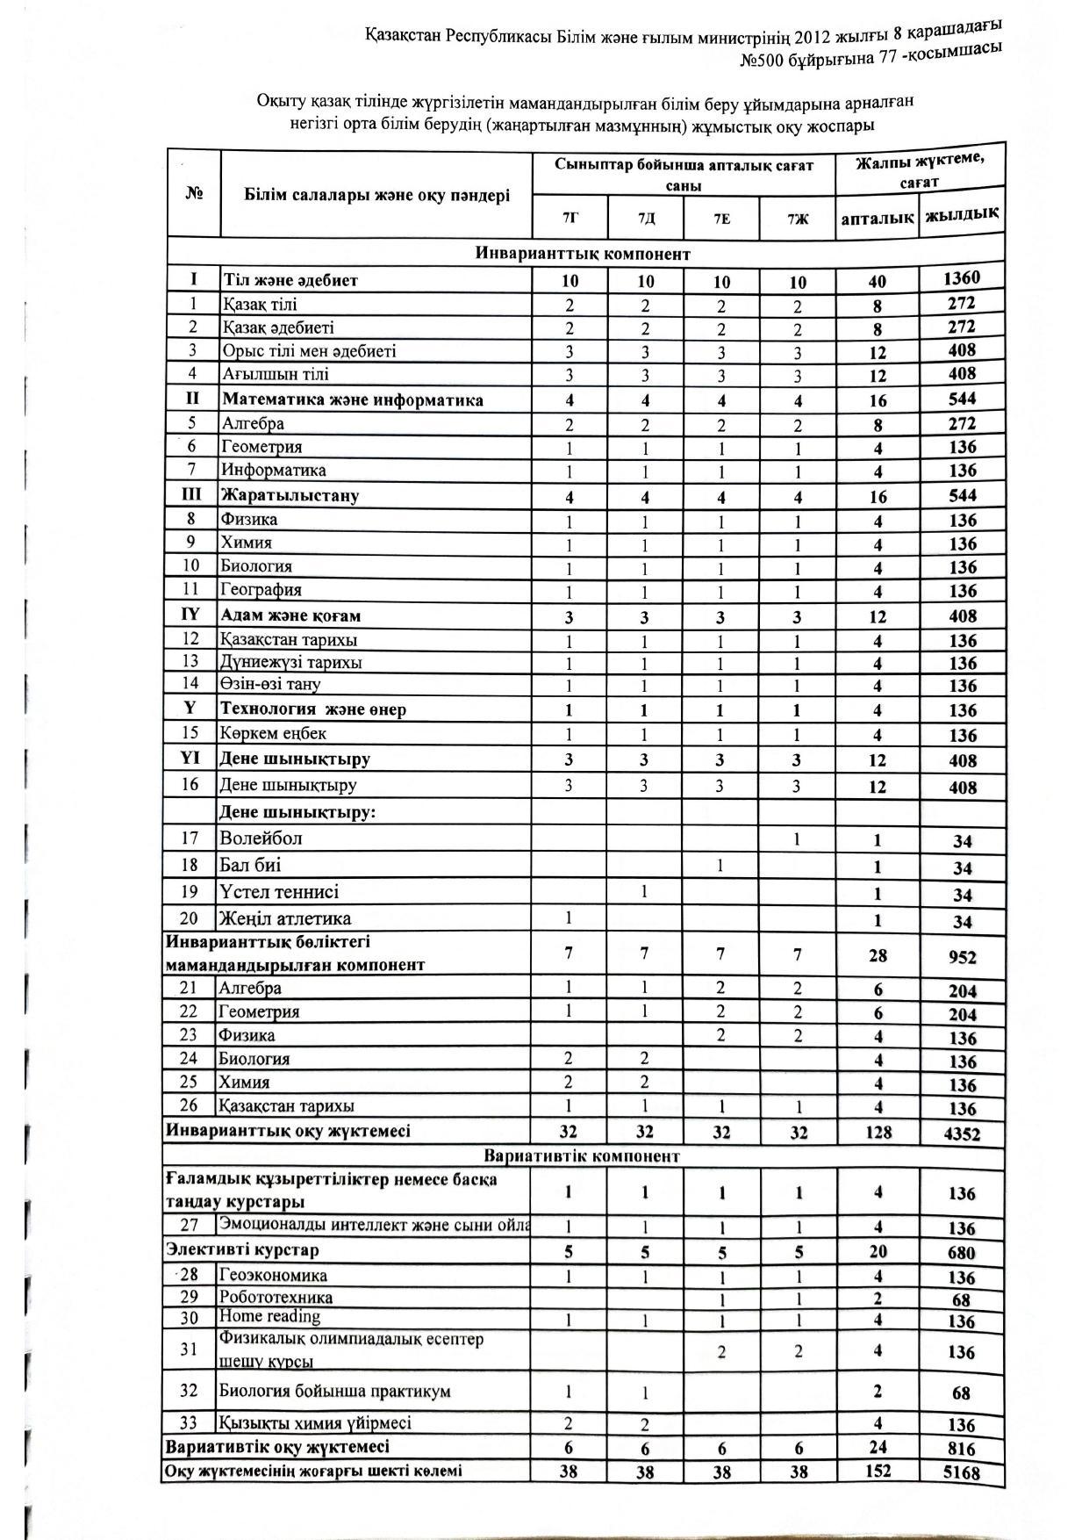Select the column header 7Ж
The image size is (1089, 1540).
pos(798,218)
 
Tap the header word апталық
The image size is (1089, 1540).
pos(877,217)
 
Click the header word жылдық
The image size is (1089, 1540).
pos(962,213)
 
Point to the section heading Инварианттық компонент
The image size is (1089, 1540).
pos(583,254)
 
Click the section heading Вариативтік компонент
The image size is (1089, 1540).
pos(582,1155)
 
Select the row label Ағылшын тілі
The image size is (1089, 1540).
pos(276,374)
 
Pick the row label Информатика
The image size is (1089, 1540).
pos(274,470)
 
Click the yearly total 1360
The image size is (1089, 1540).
pos(962,278)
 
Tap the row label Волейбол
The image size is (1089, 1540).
pos(261,838)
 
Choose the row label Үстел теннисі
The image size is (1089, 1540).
pos(279,892)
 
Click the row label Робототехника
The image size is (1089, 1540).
pos(276,1297)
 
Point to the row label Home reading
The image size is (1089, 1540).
pos(269,1316)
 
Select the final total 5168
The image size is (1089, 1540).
pos(961,1472)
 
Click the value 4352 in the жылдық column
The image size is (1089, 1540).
pos(962,1133)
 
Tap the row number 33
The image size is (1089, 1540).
pos(190,1422)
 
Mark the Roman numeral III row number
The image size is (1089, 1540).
pos(191,494)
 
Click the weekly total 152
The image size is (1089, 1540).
pos(878,1471)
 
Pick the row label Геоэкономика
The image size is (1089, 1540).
pos(273,1275)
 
